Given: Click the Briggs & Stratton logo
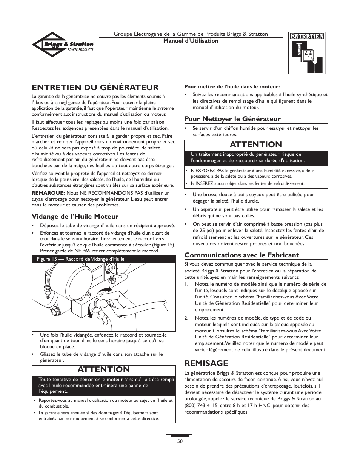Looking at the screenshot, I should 63,45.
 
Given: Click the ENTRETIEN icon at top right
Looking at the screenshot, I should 307,53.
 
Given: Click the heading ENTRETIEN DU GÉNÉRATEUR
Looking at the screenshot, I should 95,88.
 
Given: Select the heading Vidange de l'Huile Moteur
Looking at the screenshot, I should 75,217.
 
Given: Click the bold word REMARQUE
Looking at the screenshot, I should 48,193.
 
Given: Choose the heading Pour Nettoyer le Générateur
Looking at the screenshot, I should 232,119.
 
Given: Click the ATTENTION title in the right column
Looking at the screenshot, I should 256,145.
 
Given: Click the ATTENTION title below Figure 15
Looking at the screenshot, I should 103,369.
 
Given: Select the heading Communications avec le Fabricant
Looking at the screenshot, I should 242,255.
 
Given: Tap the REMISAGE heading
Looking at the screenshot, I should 206,363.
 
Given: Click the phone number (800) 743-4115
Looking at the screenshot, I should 197,406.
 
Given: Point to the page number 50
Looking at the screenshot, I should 180,441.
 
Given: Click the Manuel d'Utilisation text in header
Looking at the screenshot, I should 191,41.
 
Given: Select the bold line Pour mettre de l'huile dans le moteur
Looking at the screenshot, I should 232,86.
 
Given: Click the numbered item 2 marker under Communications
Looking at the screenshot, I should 187,318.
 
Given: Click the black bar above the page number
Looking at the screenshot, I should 180,435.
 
